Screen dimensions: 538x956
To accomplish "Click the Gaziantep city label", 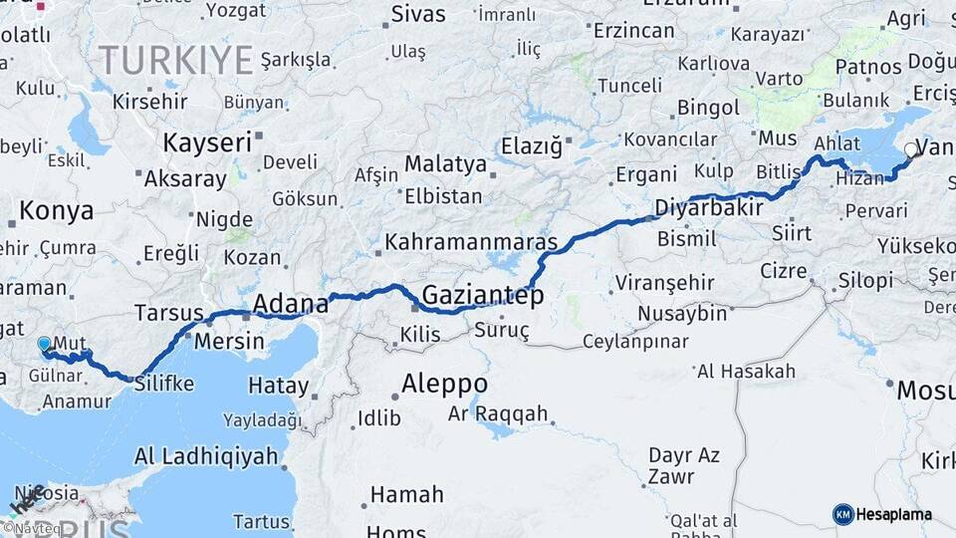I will [483, 295].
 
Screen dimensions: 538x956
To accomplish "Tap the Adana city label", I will [290, 303].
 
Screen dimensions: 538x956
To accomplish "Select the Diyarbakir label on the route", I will [709, 208].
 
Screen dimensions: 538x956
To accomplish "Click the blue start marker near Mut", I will [44, 344].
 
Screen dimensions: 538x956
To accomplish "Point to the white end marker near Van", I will [910, 150].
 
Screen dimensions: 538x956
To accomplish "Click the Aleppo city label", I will [444, 384].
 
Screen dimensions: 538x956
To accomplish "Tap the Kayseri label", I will [206, 142].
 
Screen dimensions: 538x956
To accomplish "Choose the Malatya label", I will [445, 164].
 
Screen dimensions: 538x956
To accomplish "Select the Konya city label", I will [57, 211].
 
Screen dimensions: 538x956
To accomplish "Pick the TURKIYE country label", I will [175, 61].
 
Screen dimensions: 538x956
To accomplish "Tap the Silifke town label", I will [163, 384].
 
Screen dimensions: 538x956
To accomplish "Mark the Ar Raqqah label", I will [498, 412].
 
